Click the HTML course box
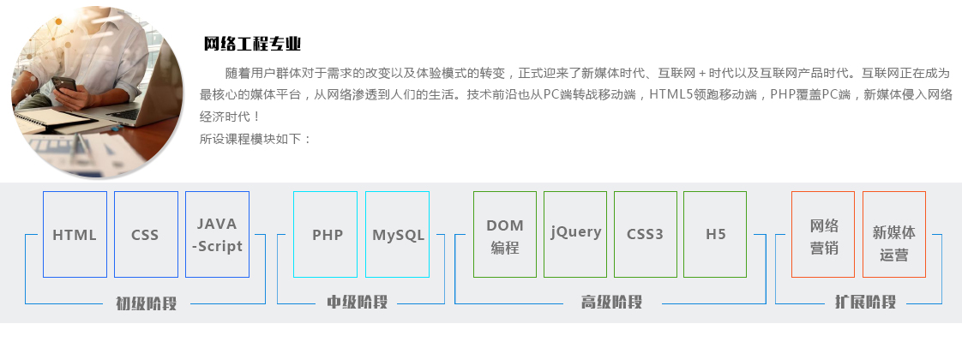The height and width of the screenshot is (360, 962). pos(75,234)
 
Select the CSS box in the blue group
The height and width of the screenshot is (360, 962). pos(146,234)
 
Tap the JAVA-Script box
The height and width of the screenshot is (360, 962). pos(217,234)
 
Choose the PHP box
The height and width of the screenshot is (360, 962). pos(325,234)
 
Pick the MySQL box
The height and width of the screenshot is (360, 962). pos(398,234)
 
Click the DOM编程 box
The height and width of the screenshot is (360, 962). pos(505,234)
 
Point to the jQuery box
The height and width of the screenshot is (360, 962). pos(575,234)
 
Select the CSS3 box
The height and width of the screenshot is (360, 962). pos(646,234)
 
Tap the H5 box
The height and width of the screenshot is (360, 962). pos(715,234)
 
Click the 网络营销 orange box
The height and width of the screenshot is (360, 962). pos(823,234)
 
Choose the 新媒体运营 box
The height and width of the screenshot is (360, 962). pos(894,234)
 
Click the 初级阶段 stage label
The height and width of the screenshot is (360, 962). pos(147,303)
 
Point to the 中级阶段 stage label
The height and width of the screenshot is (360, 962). pos(357,303)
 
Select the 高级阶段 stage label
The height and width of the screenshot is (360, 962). pos(611,303)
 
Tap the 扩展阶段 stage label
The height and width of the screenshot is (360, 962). pos(866,302)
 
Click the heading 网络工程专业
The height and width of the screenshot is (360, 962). pos(252,45)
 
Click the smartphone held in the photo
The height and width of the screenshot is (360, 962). pos(64,85)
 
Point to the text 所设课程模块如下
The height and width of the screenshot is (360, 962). pos(251,139)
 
